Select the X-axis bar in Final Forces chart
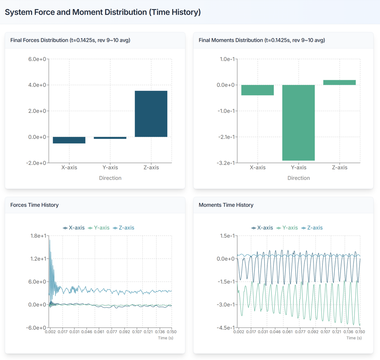point(69,140)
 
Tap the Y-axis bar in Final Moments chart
point(299,123)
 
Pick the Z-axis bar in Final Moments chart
point(339,82)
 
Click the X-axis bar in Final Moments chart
point(258,90)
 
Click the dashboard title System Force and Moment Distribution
point(103,12)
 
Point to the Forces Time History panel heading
point(34,205)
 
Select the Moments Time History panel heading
point(226,205)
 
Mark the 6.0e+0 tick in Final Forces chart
point(37,59)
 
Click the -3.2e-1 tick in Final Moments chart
point(226,163)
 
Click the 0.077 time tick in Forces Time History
point(112,332)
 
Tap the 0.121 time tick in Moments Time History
point(337,332)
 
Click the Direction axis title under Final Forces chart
point(110,178)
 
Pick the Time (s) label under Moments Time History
point(354,338)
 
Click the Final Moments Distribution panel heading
point(261,40)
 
